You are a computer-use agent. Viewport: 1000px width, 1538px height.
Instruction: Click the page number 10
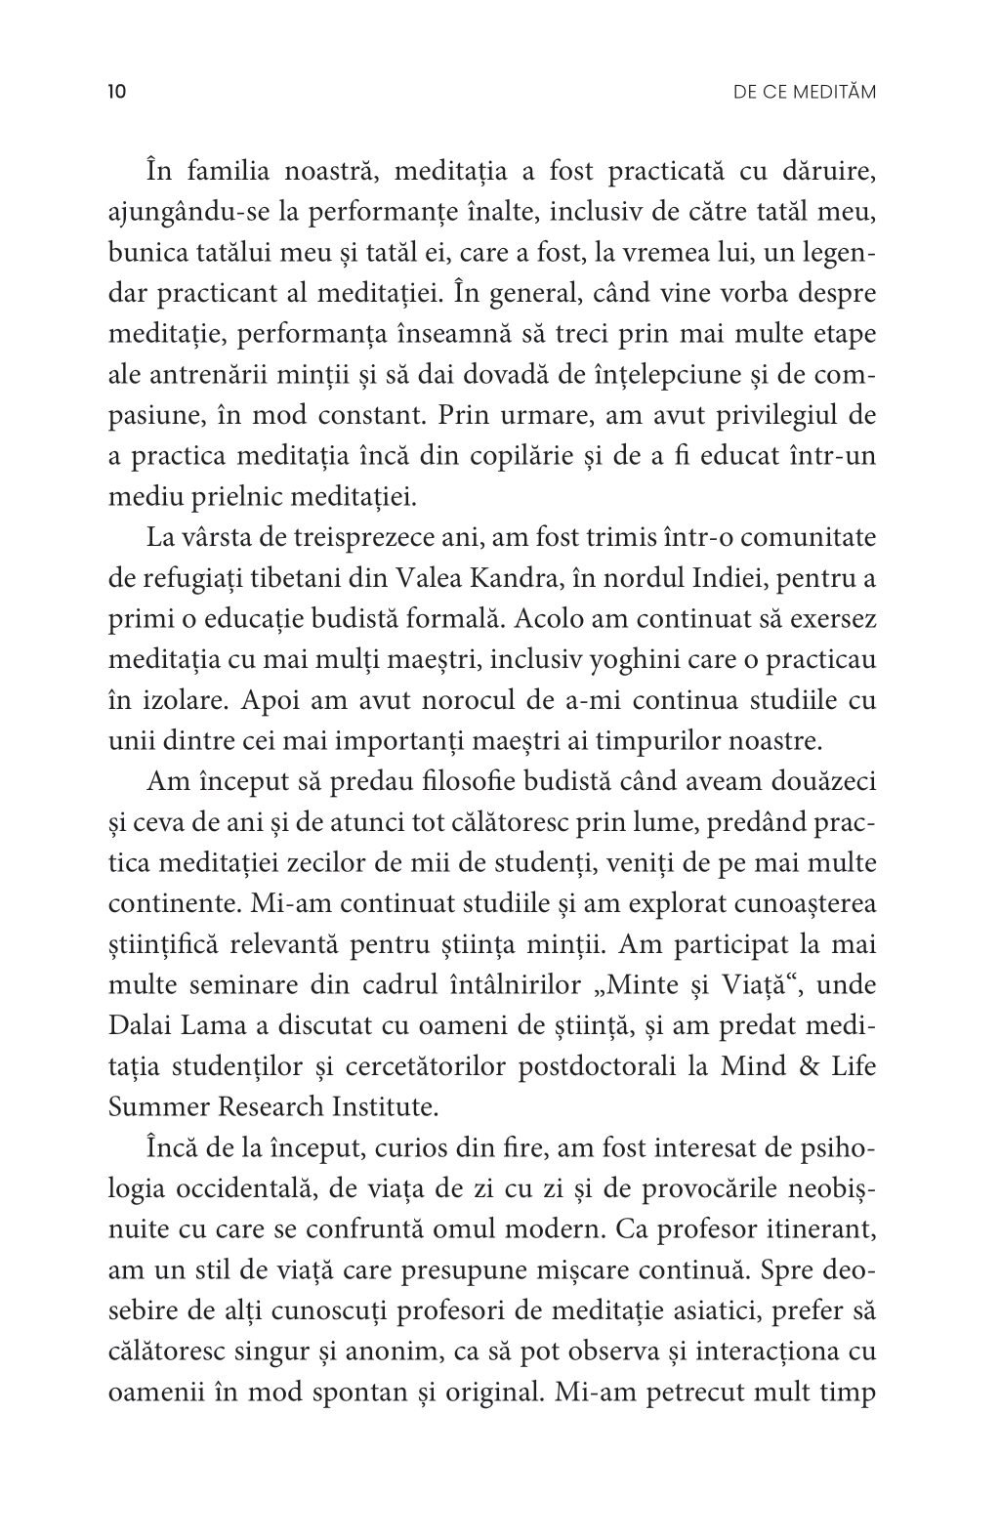[x=116, y=93]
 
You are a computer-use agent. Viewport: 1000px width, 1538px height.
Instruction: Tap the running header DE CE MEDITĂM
[x=804, y=93]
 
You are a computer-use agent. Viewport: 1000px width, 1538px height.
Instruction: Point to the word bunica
[x=139, y=254]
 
